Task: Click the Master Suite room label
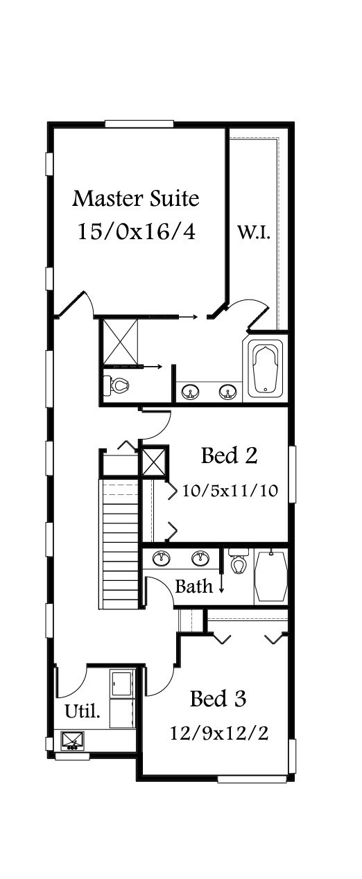click(x=136, y=198)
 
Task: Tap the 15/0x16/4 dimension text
click(x=136, y=231)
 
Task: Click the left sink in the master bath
click(x=190, y=391)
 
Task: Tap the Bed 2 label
click(x=230, y=455)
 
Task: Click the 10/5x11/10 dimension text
click(x=230, y=490)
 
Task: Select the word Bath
click(x=194, y=586)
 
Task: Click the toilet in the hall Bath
click(x=239, y=561)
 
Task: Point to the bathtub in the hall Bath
click(x=271, y=576)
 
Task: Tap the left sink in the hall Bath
click(x=162, y=559)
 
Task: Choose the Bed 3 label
click(x=218, y=699)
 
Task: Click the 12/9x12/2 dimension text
click(x=219, y=733)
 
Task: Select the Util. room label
click(x=82, y=711)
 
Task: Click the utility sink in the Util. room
click(x=73, y=740)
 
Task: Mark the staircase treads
click(x=121, y=546)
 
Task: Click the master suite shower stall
click(x=121, y=342)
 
